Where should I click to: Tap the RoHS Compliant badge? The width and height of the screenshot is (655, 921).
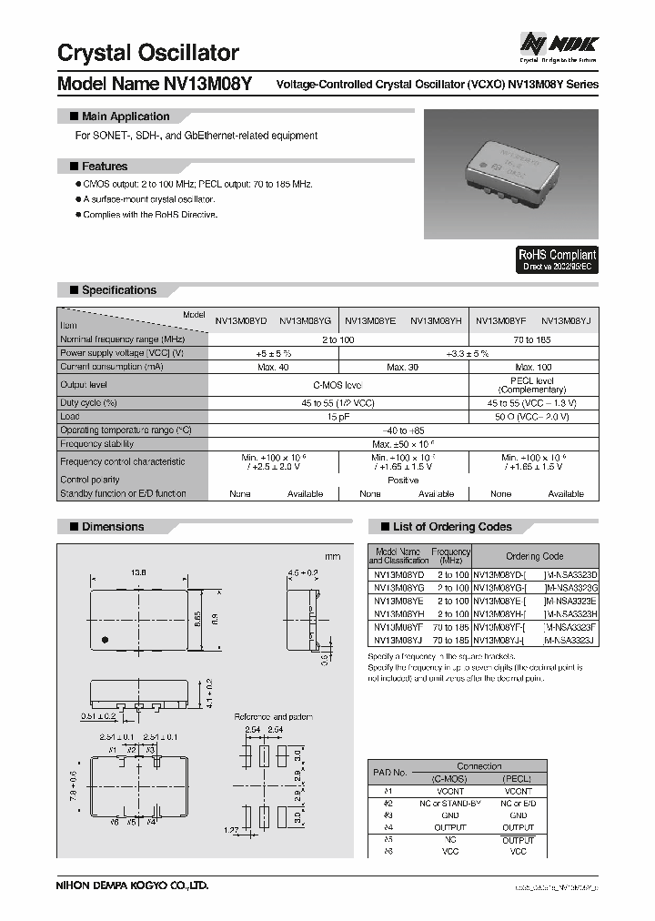[x=558, y=260]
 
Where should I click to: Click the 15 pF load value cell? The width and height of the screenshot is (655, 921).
[x=338, y=416]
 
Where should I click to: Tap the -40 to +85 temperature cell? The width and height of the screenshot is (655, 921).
[x=403, y=430]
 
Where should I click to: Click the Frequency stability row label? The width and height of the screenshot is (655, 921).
[x=97, y=443]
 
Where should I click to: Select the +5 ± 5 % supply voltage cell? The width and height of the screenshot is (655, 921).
[x=273, y=352]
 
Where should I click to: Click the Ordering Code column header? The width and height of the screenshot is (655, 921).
[x=534, y=556]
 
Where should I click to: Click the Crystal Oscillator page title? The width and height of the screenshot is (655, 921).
[x=148, y=53]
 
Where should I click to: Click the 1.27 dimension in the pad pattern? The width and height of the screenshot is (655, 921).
[x=232, y=829]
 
